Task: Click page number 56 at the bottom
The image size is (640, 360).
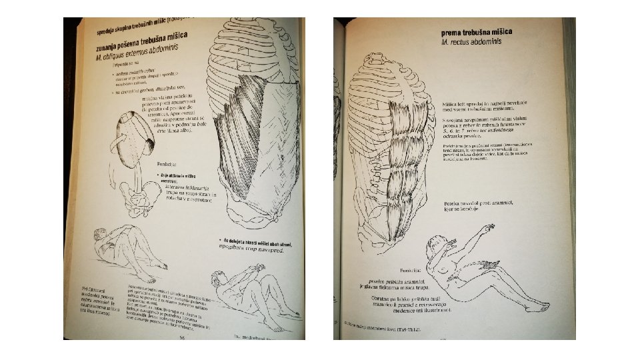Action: pyautogui.click(x=181, y=337)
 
